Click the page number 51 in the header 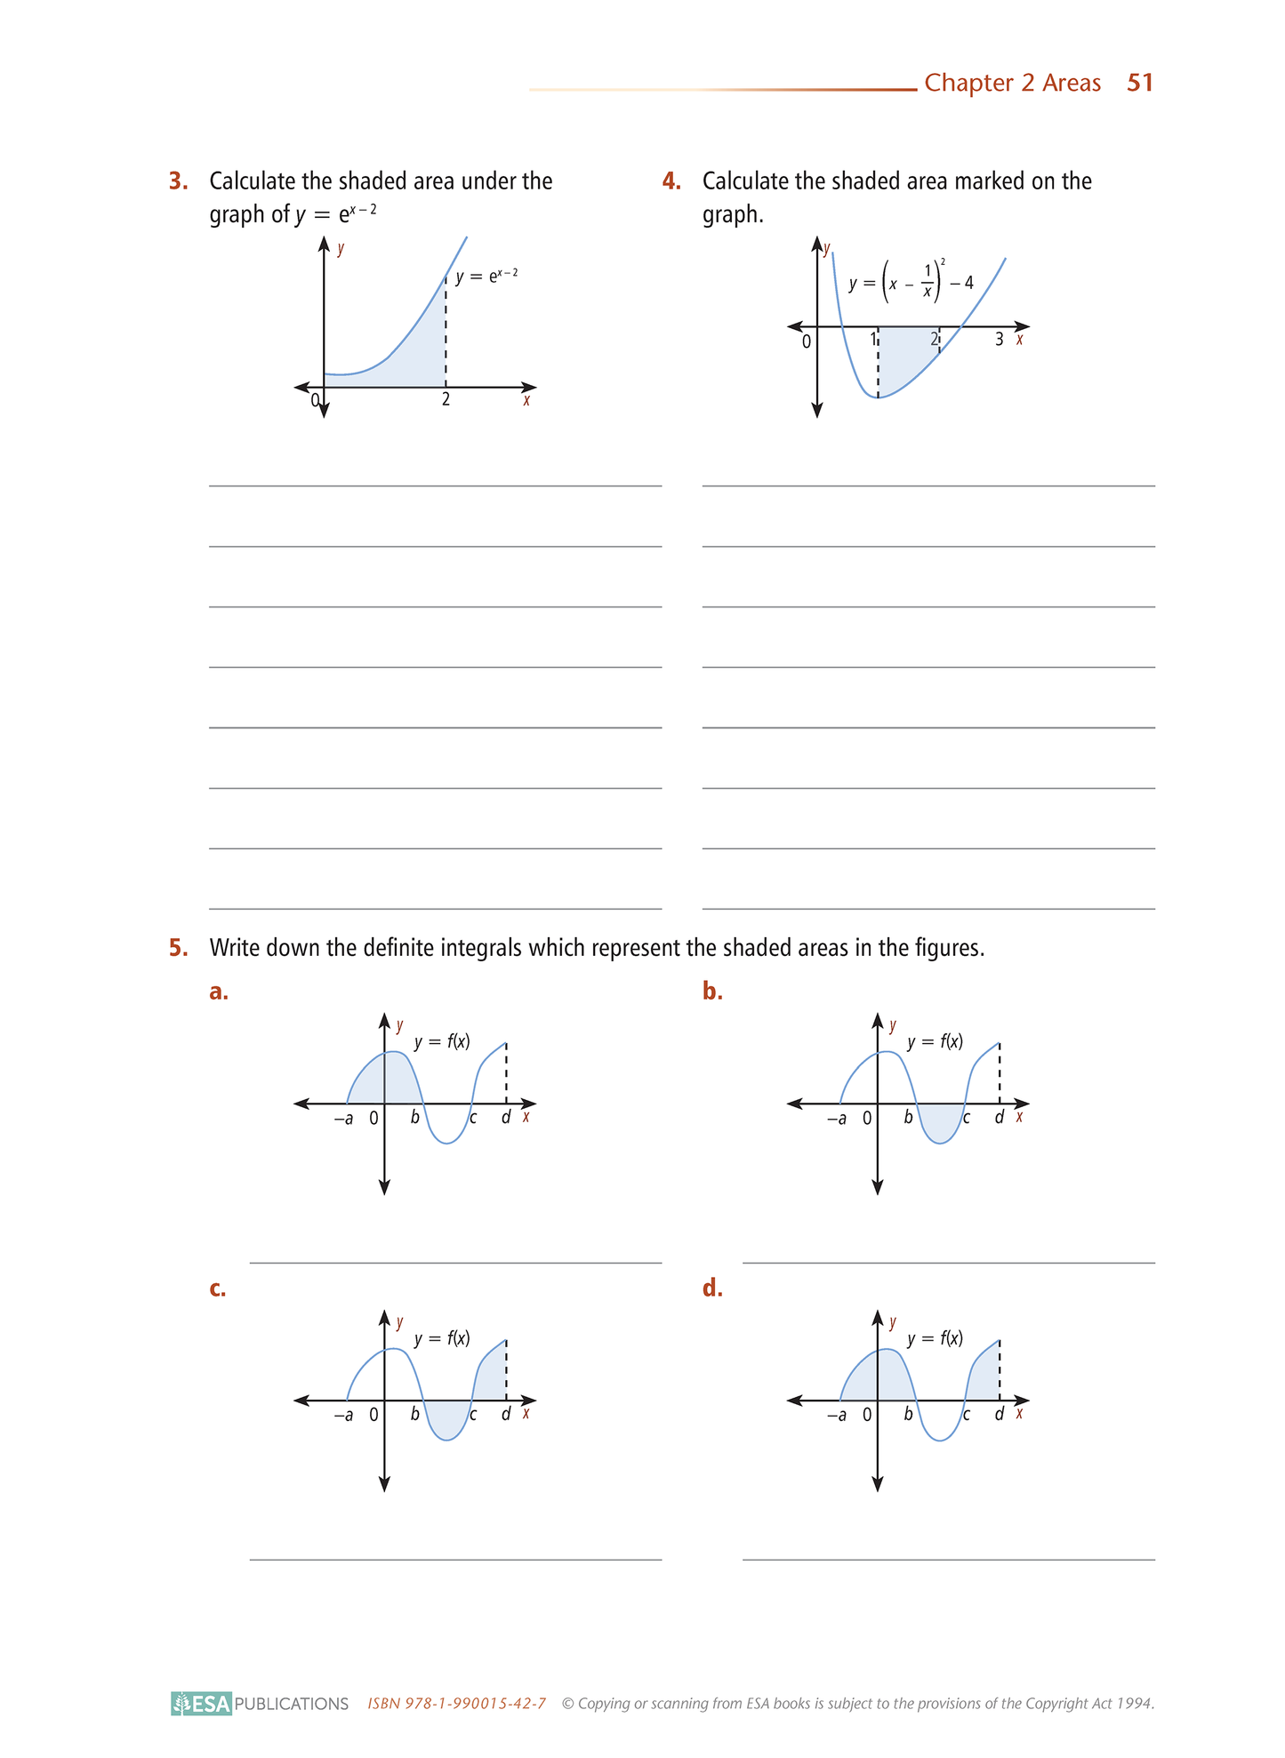(1139, 83)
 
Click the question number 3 (178, 181)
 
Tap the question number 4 (671, 181)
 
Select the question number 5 (178, 948)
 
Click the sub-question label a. (219, 991)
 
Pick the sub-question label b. (712, 991)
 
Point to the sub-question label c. (218, 1288)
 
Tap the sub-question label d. (712, 1288)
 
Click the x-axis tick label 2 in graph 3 (446, 400)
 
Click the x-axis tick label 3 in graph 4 (999, 340)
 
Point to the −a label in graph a (343, 1119)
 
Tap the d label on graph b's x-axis (999, 1118)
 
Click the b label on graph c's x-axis (414, 1414)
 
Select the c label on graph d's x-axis (967, 1415)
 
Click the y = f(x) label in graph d (935, 1338)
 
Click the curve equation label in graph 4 (911, 283)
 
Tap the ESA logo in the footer (202, 1704)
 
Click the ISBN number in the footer (456, 1704)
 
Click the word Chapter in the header (968, 83)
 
